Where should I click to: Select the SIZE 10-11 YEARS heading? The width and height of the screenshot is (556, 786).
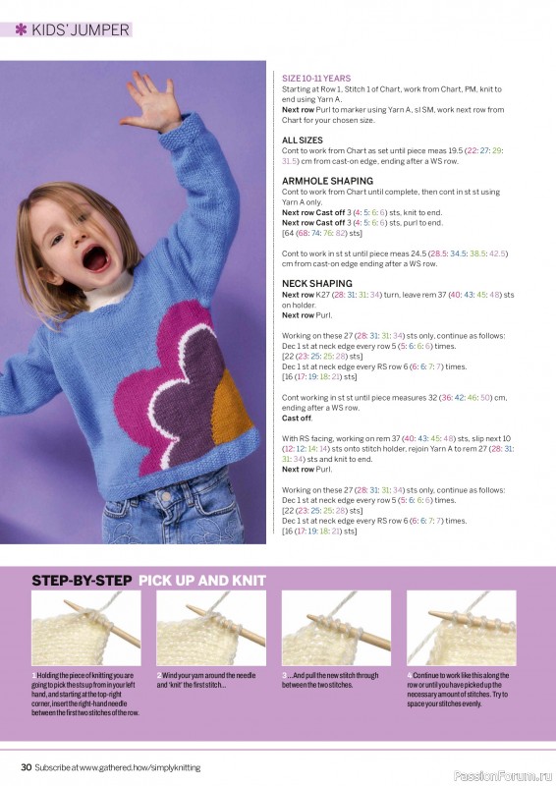pos(315,78)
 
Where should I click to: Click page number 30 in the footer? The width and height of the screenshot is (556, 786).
pos(27,765)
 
